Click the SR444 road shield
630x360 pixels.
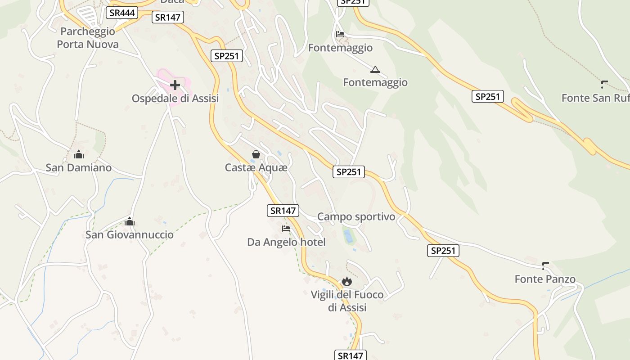122,13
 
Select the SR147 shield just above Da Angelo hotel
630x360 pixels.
283,210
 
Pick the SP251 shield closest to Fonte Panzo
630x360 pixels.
443,251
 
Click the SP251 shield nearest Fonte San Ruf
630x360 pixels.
487,96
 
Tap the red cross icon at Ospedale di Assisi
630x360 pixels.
175,85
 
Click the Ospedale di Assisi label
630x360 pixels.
175,98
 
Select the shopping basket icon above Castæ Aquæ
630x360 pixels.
256,155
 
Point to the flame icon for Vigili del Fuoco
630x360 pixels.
346,282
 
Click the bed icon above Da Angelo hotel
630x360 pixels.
286,229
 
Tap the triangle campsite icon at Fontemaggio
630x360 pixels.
375,69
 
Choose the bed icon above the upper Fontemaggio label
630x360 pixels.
340,35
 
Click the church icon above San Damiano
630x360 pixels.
79,155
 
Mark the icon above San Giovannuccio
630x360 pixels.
130,221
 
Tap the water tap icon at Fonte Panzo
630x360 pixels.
545,265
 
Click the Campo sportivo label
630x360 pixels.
356,216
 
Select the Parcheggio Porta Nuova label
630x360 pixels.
88,38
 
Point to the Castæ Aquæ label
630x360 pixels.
256,167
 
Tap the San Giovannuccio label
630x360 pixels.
130,234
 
